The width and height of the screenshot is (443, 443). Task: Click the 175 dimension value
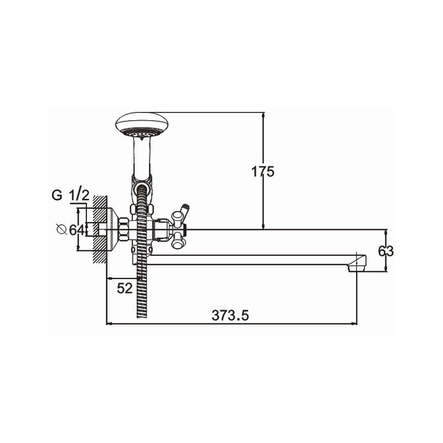click(262, 172)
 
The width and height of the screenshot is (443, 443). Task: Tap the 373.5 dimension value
click(230, 315)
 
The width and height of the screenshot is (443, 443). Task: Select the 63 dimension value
click(385, 251)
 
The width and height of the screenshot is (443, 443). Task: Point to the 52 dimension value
click(125, 288)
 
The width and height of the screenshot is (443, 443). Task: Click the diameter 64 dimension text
click(71, 230)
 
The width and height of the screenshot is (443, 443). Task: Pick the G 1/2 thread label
click(71, 195)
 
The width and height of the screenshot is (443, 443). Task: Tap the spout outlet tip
click(357, 267)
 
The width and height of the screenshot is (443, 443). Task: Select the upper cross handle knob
click(177, 218)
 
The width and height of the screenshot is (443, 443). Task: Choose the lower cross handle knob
click(177, 241)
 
